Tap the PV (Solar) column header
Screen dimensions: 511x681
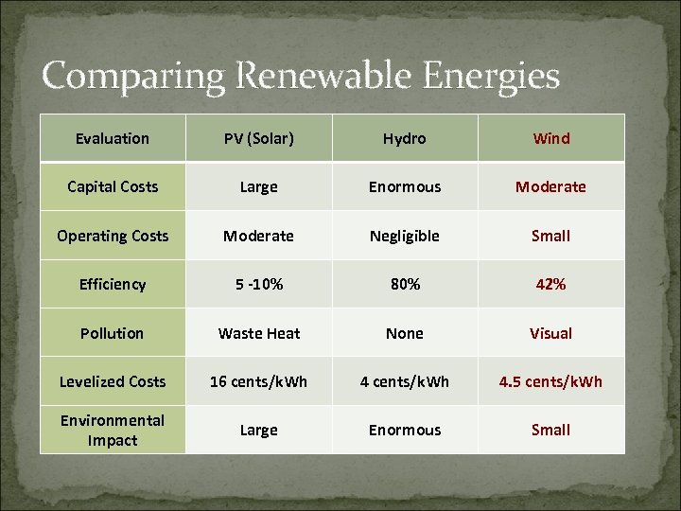[258, 139]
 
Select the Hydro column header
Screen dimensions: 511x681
[405, 139]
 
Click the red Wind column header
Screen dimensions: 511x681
[551, 139]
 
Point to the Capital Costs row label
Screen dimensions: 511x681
[113, 187]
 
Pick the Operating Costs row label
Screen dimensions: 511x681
[113, 236]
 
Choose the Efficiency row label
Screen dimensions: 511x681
[113, 285]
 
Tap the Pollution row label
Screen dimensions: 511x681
[113, 333]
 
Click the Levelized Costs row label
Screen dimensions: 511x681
[113, 381]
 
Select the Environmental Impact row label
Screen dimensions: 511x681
[113, 431]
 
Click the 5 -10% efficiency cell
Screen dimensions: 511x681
[258, 285]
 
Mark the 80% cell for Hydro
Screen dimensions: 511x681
[405, 285]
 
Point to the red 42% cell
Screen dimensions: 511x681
[551, 285]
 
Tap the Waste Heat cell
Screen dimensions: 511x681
[258, 333]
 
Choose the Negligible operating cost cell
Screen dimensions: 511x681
[405, 236]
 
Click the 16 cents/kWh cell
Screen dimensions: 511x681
[258, 381]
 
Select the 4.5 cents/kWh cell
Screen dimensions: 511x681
[551, 381]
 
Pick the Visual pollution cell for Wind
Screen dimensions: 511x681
[551, 333]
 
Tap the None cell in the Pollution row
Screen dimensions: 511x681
[405, 333]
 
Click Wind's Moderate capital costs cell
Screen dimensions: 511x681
[551, 187]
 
